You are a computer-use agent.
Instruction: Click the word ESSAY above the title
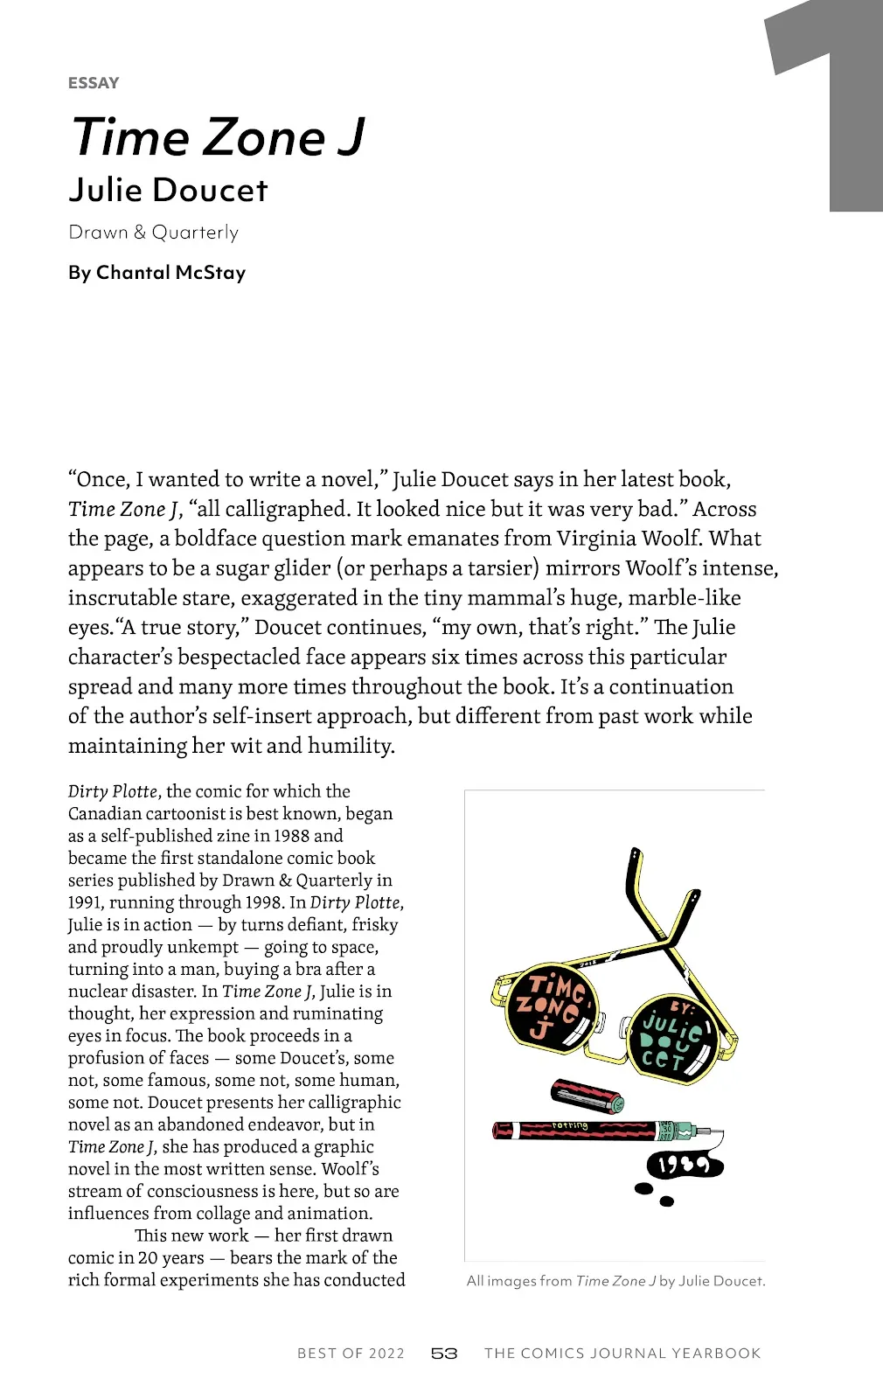94,83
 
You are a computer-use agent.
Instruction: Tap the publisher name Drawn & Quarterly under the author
153,233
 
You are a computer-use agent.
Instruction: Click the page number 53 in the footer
444,1354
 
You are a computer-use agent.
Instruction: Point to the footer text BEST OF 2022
351,1354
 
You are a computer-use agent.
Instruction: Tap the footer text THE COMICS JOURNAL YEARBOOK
622,1354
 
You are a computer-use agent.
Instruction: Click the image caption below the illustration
615,1281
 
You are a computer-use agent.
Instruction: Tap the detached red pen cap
587,1096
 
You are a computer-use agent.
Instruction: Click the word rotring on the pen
570,1126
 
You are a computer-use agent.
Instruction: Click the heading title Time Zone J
219,137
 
